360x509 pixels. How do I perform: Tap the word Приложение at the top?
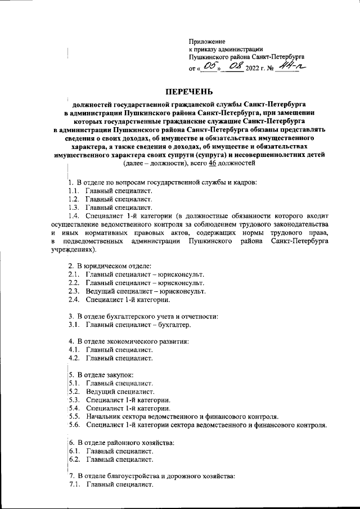pos(207,42)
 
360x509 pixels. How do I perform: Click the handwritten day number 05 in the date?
pos(210,67)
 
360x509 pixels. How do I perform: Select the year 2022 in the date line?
pos(254,69)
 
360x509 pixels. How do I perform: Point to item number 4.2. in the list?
pos(74,358)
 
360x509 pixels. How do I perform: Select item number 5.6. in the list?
pos(74,425)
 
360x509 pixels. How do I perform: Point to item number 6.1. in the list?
pos(74,451)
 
